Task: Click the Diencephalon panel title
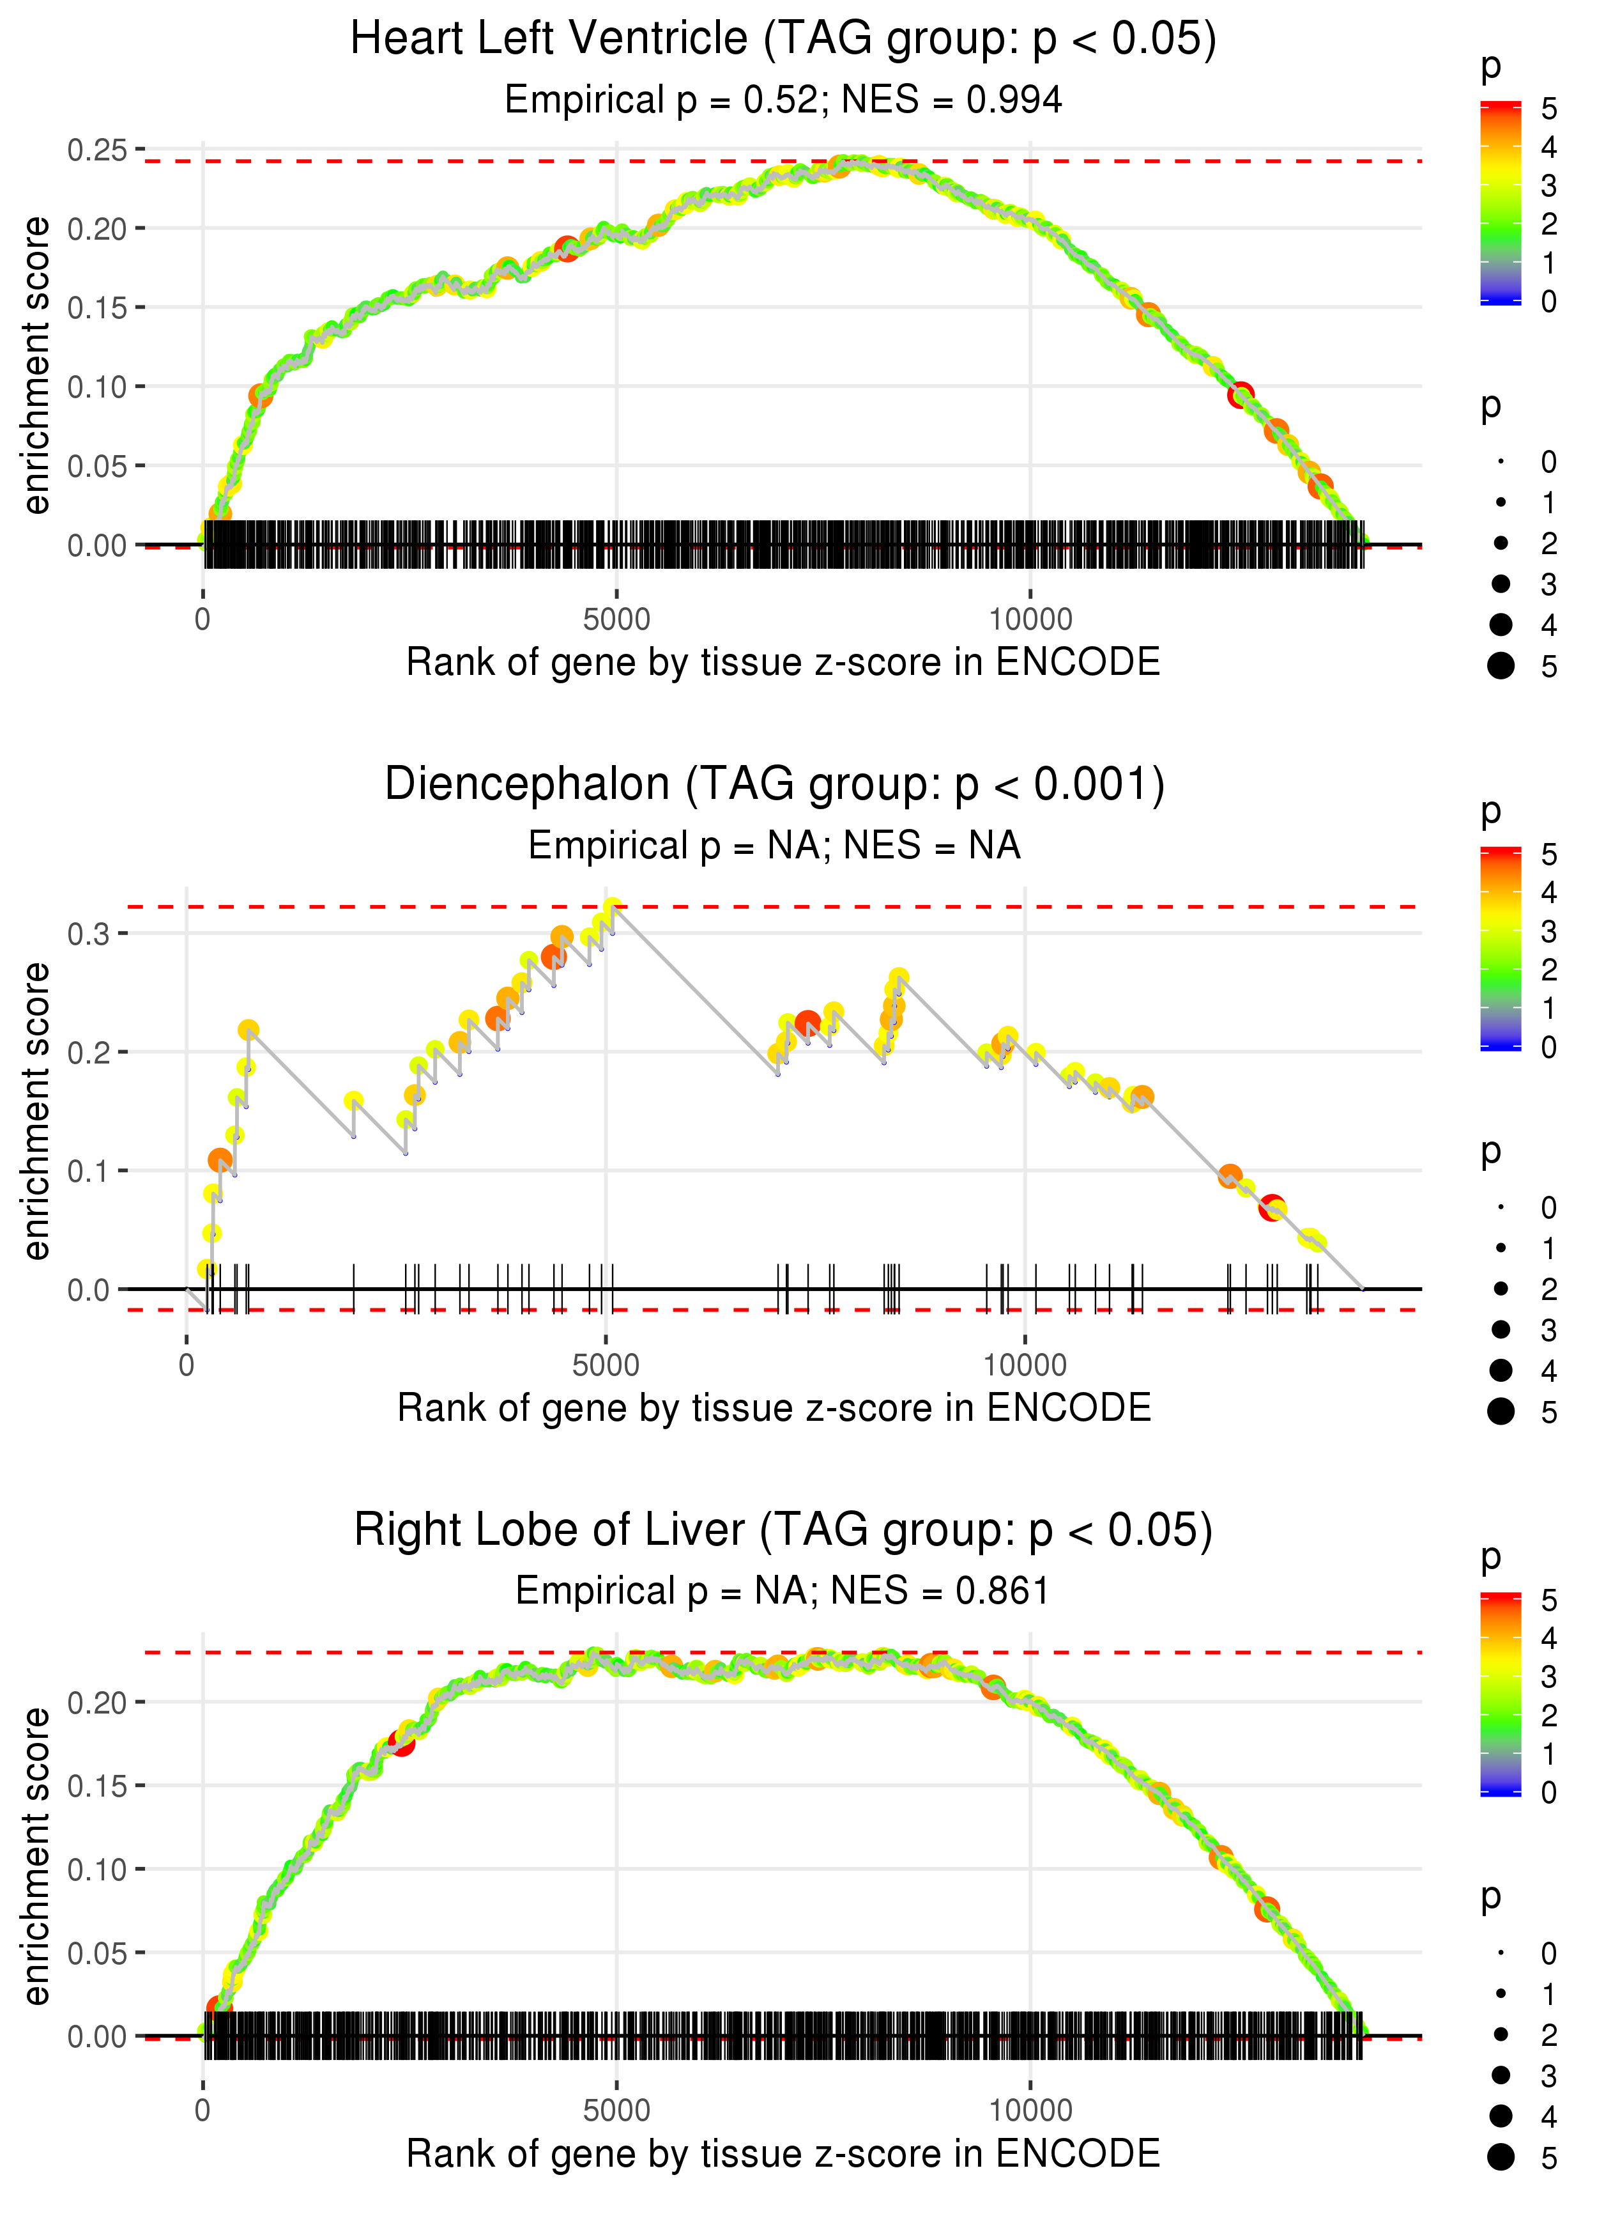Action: (774, 784)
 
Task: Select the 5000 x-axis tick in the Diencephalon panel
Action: (605, 1365)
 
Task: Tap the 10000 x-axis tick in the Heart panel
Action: (1030, 620)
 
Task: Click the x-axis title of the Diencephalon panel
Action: (774, 1408)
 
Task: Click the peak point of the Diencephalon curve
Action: (613, 906)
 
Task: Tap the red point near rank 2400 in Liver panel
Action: (401, 1742)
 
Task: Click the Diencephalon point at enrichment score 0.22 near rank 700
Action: (248, 1030)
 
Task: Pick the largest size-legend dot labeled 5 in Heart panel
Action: (1501, 666)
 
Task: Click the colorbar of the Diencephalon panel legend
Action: (1500, 948)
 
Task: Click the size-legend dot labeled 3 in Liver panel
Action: (1501, 2075)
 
